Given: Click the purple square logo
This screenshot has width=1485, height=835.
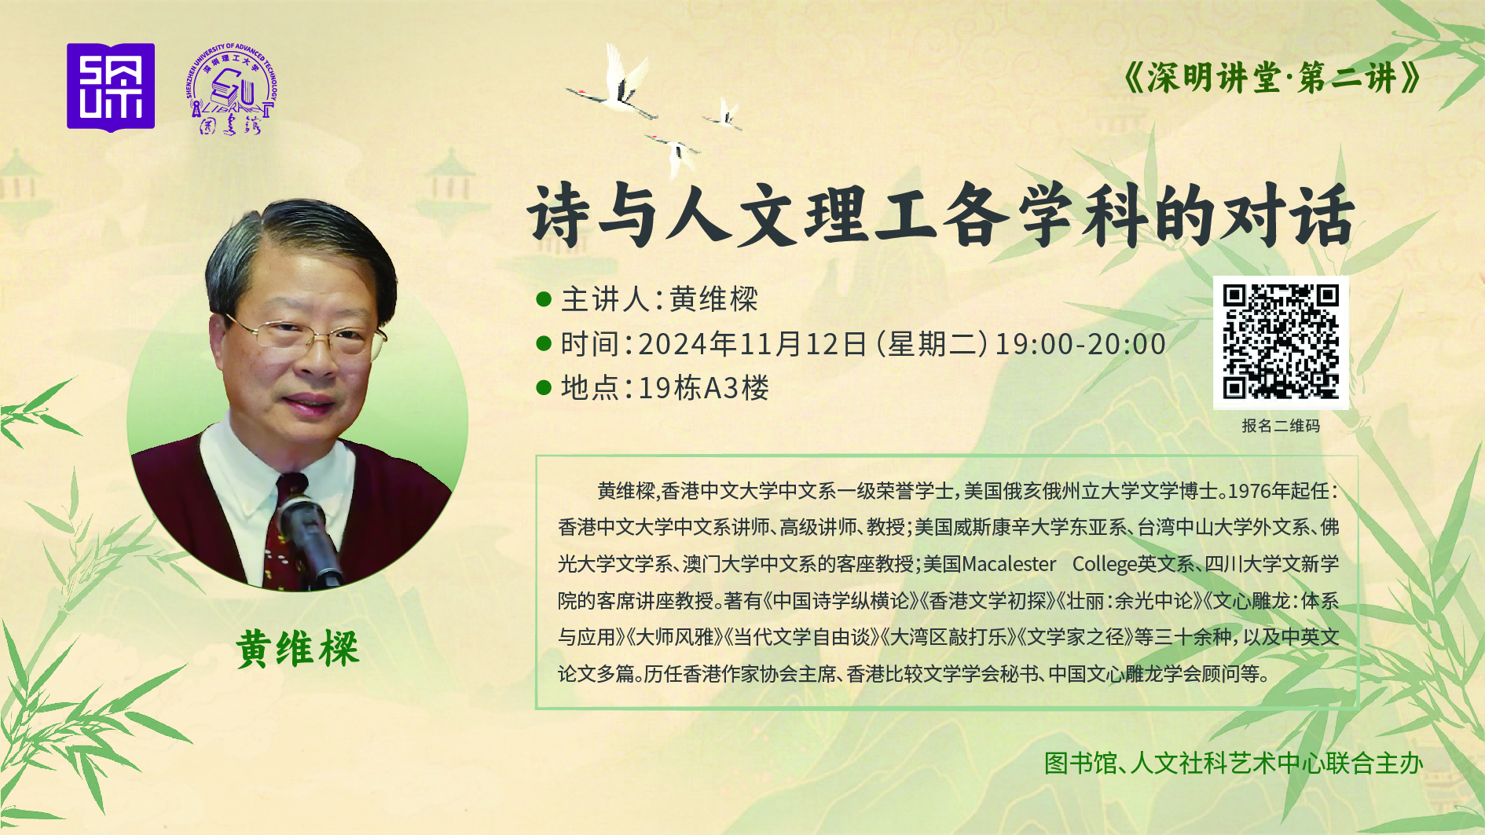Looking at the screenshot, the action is (111, 87).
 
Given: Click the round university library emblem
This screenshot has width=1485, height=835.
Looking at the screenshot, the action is (232, 89).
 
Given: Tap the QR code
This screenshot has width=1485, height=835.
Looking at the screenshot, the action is (1281, 342).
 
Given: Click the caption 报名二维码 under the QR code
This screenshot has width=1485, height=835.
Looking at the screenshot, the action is (1281, 426).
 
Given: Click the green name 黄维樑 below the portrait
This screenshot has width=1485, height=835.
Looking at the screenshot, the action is (298, 649).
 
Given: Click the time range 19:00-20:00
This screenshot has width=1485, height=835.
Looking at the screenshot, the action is (1080, 344).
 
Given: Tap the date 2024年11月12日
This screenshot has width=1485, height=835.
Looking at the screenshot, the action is (753, 344).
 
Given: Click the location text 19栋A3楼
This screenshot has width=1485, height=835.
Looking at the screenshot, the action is (704, 388).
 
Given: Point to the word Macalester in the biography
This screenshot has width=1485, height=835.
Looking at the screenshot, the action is (1009, 564).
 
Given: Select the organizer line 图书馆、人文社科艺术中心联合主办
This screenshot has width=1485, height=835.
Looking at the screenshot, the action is (1234, 763).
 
